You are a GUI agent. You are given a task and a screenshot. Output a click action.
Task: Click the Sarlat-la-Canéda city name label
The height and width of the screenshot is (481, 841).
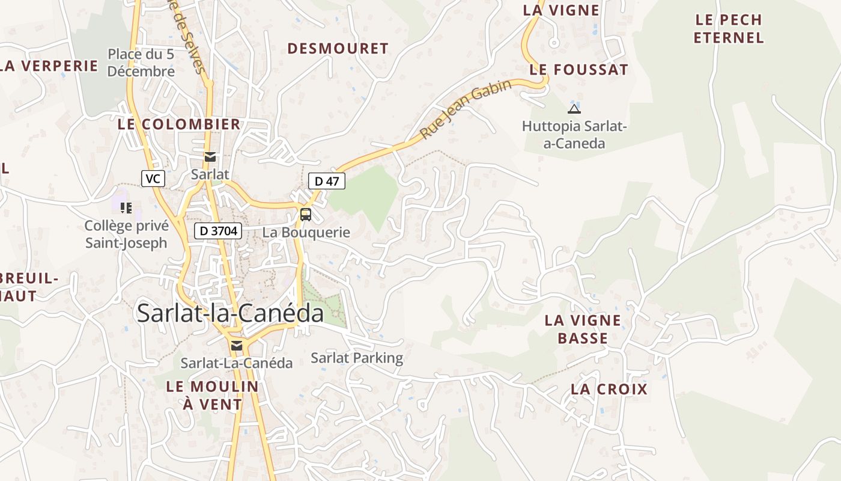(x=230, y=313)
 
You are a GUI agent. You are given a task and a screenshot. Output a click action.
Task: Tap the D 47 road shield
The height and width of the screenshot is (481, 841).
(x=327, y=181)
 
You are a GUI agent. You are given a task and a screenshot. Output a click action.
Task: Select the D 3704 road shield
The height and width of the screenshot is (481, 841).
(x=217, y=231)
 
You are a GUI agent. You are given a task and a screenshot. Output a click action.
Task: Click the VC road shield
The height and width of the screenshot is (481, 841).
(x=153, y=179)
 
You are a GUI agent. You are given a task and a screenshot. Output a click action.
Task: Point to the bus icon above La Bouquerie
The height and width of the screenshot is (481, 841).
(x=306, y=214)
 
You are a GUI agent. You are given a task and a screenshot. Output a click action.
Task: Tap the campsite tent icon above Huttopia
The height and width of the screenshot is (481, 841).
(x=574, y=109)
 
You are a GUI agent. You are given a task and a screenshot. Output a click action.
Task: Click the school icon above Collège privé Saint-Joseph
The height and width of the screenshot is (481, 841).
(x=126, y=208)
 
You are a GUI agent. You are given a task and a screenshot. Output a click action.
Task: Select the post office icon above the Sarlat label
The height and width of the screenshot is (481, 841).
(x=210, y=158)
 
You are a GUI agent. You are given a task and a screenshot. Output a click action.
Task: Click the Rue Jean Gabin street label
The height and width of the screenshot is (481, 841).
(x=466, y=109)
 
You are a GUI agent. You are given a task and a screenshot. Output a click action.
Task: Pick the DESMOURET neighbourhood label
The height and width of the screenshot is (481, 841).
(x=338, y=49)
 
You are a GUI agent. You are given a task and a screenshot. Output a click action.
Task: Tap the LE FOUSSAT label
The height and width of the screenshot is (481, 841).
(x=578, y=70)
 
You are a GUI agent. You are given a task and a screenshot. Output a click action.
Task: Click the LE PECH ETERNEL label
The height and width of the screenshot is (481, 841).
(x=728, y=29)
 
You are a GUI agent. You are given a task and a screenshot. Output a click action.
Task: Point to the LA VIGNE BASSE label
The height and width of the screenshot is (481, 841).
(x=583, y=329)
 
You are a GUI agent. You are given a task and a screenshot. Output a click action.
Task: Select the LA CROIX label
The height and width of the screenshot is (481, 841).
(x=609, y=389)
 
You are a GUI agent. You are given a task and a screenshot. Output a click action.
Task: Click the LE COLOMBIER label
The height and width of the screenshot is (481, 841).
(x=179, y=124)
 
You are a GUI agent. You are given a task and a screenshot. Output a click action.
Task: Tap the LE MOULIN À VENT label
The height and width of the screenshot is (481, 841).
(x=212, y=395)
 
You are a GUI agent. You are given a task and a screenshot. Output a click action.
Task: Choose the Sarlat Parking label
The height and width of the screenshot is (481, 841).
(x=357, y=358)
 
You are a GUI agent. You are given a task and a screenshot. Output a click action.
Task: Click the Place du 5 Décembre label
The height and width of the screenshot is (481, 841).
(x=141, y=63)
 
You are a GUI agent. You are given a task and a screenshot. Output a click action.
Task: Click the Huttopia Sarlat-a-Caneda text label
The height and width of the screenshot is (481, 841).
(x=574, y=135)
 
